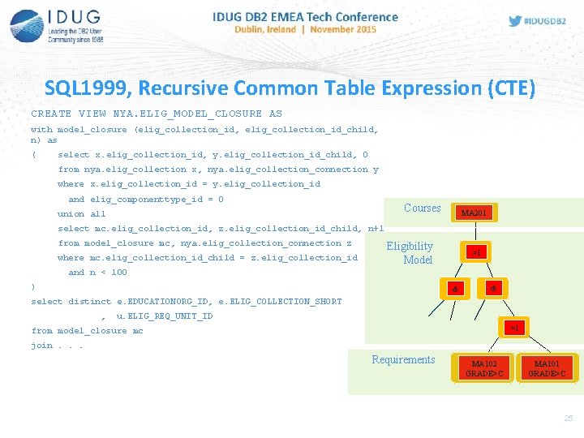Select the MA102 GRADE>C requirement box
click(485, 368)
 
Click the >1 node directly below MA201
click(477, 252)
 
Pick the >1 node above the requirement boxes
click(514, 328)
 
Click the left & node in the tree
click(455, 290)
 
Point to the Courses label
click(422, 208)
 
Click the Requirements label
click(403, 359)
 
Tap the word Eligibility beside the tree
click(410, 246)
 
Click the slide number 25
click(568, 418)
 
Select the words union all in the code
click(82, 214)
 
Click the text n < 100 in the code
click(108, 273)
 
